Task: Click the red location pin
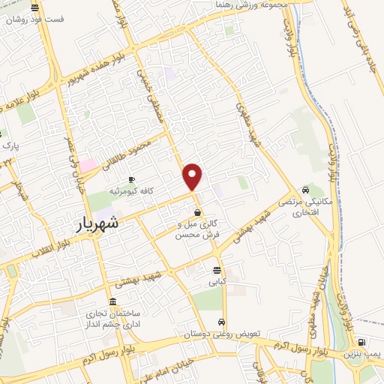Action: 193,176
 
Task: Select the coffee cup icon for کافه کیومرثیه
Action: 131,180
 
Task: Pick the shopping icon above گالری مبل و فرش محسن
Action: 197,212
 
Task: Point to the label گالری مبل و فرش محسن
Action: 196,229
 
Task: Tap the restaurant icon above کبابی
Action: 217,270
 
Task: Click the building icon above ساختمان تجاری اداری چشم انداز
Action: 112,301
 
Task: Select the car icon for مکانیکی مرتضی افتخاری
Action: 305,190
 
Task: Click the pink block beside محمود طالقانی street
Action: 88,164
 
